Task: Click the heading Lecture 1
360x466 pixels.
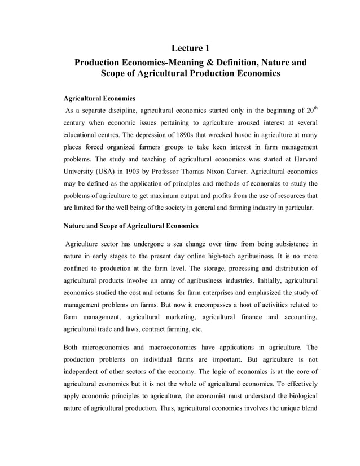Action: (x=191, y=48)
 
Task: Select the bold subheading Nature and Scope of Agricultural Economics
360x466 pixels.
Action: (x=130, y=226)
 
